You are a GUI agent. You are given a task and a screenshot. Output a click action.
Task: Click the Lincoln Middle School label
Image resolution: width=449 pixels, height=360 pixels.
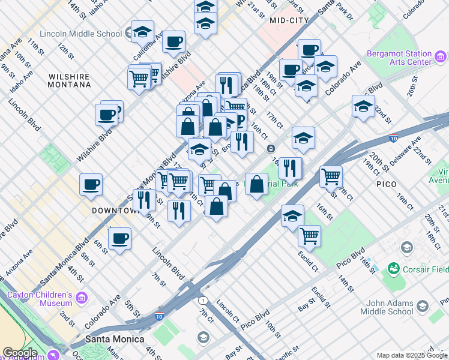click(80, 34)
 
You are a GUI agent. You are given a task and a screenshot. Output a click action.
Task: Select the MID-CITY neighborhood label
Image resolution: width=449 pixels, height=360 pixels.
click(289, 20)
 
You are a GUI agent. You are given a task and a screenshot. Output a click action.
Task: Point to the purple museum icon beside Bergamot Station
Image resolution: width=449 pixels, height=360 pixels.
click(441, 58)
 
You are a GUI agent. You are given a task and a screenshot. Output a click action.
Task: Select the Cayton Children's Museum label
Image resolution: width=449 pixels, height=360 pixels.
click(40, 299)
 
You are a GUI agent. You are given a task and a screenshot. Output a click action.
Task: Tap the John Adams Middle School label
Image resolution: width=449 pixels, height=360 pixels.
click(387, 307)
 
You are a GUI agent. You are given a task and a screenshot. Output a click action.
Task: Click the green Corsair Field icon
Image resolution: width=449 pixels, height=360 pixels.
click(394, 268)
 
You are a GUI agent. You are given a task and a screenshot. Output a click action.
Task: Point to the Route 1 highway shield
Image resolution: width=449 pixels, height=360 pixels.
click(203, 300)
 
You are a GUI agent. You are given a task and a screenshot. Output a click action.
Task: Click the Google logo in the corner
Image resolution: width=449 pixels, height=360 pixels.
click(20, 352)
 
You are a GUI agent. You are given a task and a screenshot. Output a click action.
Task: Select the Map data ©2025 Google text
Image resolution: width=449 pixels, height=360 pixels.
click(412, 355)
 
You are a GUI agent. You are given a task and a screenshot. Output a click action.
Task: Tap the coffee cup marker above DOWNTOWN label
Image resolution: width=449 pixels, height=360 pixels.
click(91, 185)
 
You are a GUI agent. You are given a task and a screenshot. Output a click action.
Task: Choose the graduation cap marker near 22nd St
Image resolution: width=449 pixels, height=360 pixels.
click(363, 106)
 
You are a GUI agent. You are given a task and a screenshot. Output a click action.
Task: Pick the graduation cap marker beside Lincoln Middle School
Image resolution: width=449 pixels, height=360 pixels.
click(142, 32)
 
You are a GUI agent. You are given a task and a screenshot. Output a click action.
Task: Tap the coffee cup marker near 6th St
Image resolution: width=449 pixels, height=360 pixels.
click(119, 238)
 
